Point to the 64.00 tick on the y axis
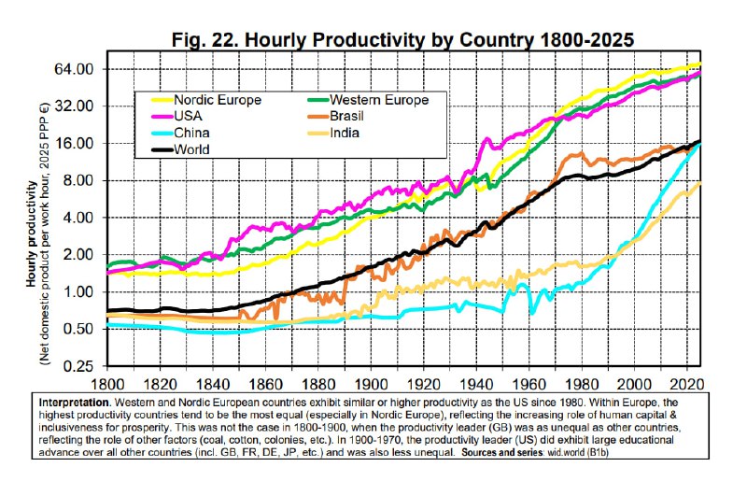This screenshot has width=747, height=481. point(78,70)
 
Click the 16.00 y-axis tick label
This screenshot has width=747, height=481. point(78,144)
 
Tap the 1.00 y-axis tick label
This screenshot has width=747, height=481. point(82,292)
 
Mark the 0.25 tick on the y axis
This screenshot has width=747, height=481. point(82,366)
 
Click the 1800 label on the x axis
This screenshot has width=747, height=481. point(108,384)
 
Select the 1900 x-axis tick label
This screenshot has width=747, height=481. point(372,384)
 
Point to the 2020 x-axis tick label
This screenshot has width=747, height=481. point(687,384)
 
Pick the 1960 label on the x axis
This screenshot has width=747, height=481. point(529,384)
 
